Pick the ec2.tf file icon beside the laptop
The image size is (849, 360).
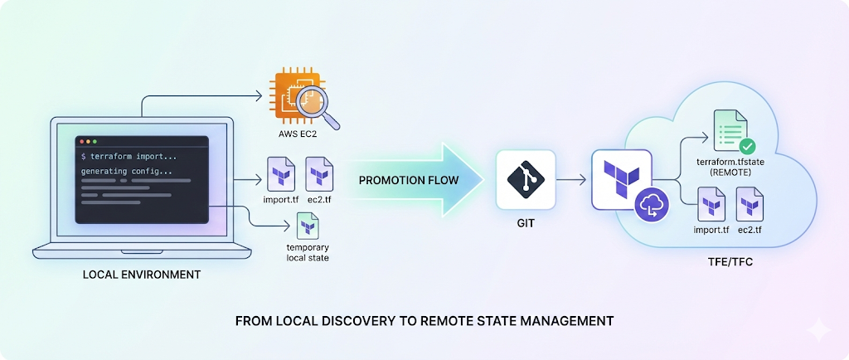(319, 173)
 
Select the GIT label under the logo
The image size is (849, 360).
(524, 223)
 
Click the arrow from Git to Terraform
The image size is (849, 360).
(571, 179)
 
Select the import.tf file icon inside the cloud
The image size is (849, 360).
(711, 203)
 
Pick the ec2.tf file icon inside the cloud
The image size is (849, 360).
(750, 203)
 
